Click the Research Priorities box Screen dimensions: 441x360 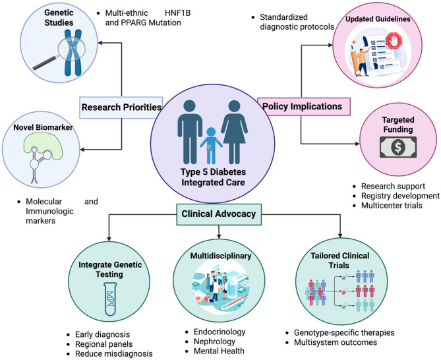[x=121, y=107]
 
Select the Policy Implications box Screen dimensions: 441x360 [x=304, y=106]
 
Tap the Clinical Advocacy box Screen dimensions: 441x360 [x=219, y=214]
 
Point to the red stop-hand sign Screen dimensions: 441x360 [x=394, y=41]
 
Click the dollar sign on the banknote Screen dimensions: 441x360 [x=398, y=147]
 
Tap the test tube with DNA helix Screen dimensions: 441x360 [x=110, y=299]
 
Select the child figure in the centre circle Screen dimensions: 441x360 [x=211, y=146]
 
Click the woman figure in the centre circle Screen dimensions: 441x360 [x=234, y=132]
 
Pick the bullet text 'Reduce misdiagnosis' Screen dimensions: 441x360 [x=114, y=353]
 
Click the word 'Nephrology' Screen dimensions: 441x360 [x=215, y=342]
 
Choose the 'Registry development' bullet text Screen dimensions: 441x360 [x=400, y=196]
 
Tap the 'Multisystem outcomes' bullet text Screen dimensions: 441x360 [x=336, y=342]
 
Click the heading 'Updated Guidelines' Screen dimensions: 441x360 [x=378, y=19]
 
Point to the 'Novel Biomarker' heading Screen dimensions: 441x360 [x=43, y=127]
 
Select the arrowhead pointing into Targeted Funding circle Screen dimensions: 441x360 [x=357, y=144]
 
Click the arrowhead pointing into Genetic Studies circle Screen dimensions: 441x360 [x=100, y=43]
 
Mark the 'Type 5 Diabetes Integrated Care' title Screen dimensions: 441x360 [x=213, y=177]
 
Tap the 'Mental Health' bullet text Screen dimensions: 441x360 [x=219, y=351]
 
